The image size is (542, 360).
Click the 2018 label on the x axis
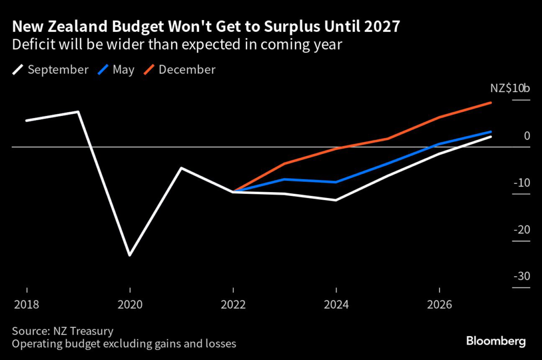(26, 305)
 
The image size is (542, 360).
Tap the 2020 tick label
(130, 305)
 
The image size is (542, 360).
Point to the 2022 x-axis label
(233, 305)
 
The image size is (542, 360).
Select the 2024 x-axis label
(336, 305)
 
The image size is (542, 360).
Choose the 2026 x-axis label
(439, 305)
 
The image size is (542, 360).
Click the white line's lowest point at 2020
(130, 255)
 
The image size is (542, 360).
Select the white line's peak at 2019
(78, 112)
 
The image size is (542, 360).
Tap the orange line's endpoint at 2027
(491, 103)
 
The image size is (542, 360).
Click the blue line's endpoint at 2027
(491, 132)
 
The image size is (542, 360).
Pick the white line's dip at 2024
(336, 200)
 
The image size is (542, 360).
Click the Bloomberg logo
(496, 341)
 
